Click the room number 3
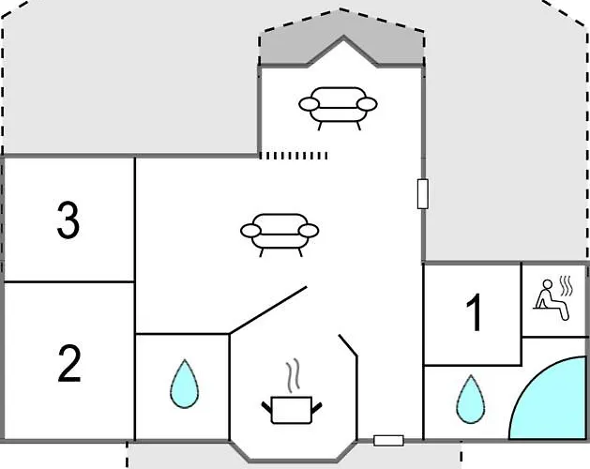(x=68, y=220)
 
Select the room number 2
(x=69, y=363)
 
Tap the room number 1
(x=474, y=312)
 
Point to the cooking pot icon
(x=292, y=410)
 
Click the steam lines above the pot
(x=293, y=375)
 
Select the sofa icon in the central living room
(x=280, y=235)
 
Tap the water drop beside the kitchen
(x=185, y=385)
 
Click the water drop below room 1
(x=470, y=400)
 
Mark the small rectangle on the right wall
(x=422, y=194)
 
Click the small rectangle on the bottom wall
(x=388, y=441)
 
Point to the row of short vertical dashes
(x=294, y=156)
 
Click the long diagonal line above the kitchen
(x=268, y=310)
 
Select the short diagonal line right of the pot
(x=348, y=345)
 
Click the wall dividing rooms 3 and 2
(x=68, y=281)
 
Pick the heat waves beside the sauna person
(x=567, y=286)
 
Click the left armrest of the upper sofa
(x=309, y=104)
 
